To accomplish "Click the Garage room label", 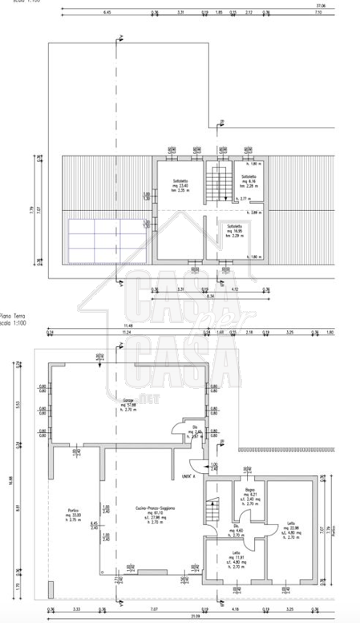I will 128,400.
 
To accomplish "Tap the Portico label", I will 74,511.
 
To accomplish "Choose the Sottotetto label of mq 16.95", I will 235,229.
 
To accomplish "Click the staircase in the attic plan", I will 214,183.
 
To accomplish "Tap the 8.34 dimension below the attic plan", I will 210,297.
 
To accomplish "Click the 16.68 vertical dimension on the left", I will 11,481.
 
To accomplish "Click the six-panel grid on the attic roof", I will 95,240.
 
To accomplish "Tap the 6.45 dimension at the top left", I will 107,13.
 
